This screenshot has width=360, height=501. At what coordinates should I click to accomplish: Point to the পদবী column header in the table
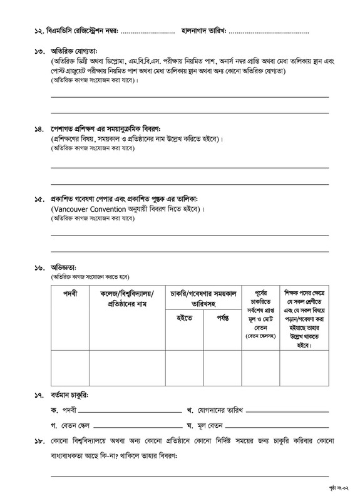70,293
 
